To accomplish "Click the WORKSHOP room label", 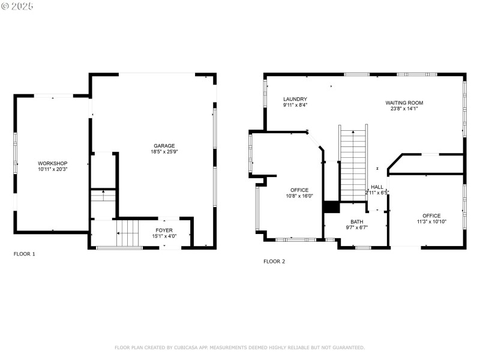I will [53, 163].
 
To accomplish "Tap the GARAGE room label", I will [164, 145].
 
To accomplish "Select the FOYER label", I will [164, 230].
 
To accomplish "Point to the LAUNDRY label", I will [295, 99].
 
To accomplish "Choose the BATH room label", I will [357, 222].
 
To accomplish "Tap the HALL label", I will [377, 187].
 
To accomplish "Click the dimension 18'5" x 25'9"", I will [164, 152].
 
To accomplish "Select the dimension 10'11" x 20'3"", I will [53, 170].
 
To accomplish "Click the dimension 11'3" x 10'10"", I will [431, 222].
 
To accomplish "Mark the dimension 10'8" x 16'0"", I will [299, 196].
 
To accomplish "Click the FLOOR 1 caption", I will [25, 254].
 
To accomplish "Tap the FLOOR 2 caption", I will [274, 261].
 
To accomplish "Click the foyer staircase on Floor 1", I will [127, 233].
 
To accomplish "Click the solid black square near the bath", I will [331, 207].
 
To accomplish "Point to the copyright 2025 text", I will [18, 6].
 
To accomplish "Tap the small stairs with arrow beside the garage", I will [103, 196].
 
